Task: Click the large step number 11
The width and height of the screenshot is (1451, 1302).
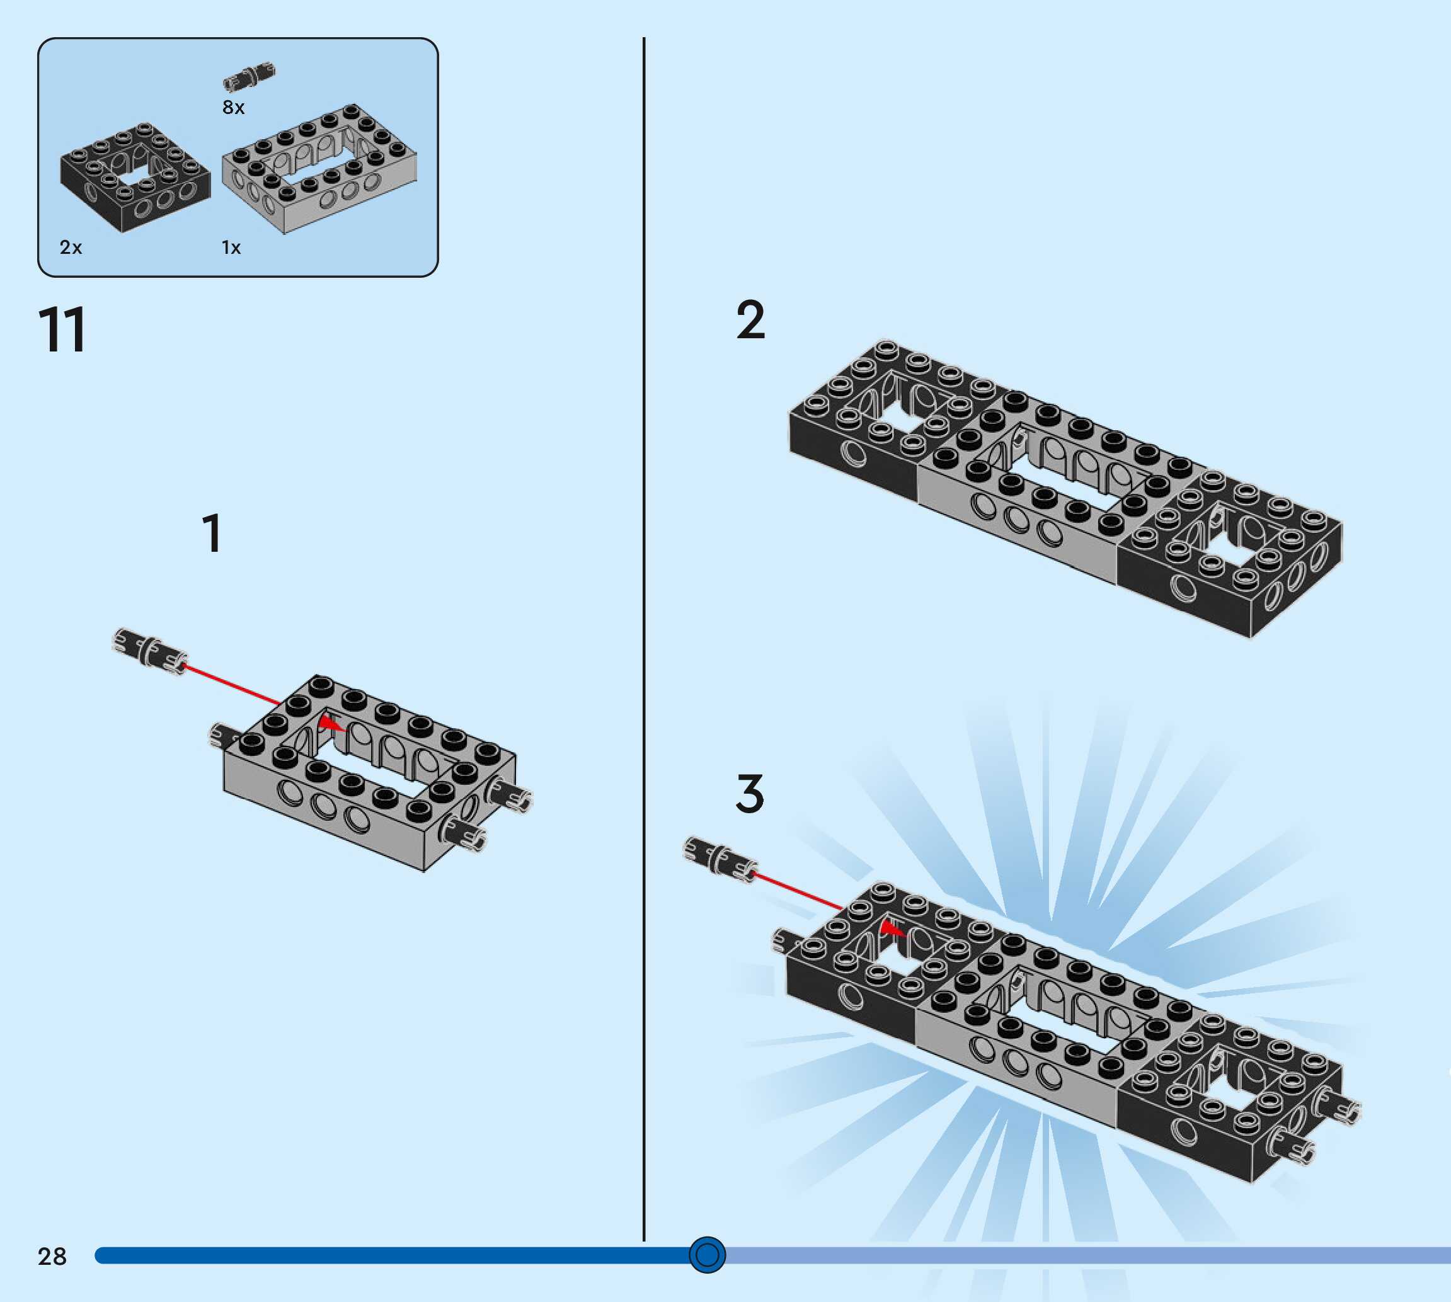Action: [x=62, y=330]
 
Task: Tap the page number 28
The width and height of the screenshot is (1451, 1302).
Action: [x=52, y=1256]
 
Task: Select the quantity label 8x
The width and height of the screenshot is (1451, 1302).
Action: [x=233, y=107]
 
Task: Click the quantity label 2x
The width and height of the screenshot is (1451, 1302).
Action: [x=71, y=248]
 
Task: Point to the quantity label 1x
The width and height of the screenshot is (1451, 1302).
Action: [x=231, y=248]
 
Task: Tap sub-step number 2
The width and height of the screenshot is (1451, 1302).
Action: [x=750, y=320]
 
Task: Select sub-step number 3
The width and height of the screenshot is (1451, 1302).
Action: [x=750, y=794]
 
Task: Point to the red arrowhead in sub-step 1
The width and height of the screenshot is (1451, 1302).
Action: [x=330, y=724]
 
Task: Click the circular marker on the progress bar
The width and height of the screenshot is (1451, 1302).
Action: [x=707, y=1255]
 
